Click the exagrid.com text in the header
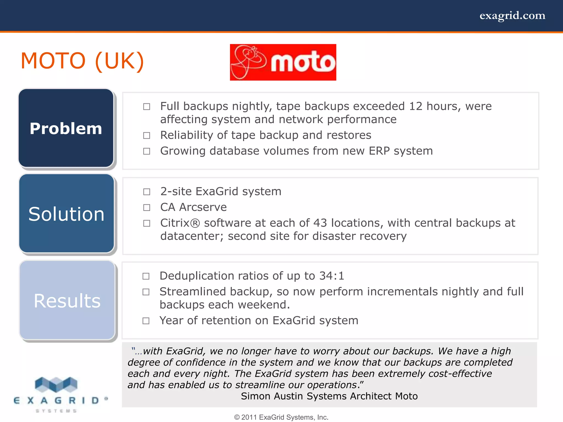click(x=512, y=16)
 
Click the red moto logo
click(x=283, y=62)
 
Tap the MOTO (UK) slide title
click(x=82, y=61)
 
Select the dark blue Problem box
click(x=66, y=128)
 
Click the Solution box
click(x=67, y=214)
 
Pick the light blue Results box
click(x=67, y=300)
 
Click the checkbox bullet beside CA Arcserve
click(x=147, y=207)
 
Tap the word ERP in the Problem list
click(x=379, y=151)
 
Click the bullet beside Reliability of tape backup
click(x=147, y=135)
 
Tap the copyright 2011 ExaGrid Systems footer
click(x=281, y=417)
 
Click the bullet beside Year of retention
click(x=146, y=321)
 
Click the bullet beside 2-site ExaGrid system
click(x=147, y=192)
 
